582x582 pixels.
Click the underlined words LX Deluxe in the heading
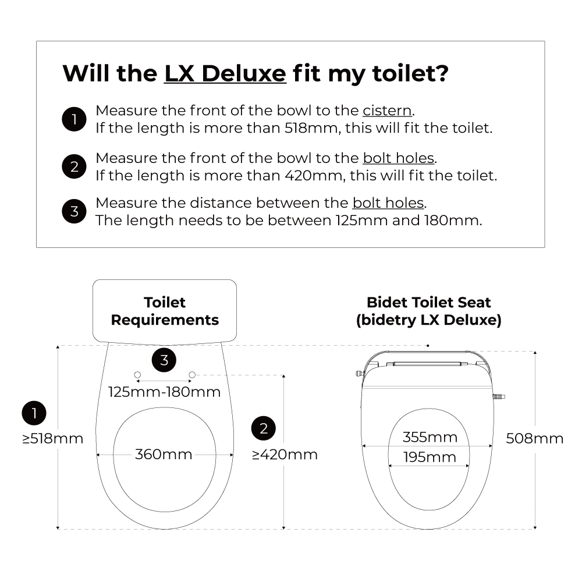tap(225, 73)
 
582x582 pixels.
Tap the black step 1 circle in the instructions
tap(74, 119)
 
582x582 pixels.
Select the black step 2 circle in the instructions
tap(74, 166)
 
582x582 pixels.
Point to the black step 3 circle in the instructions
tap(74, 211)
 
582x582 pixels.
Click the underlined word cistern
tap(387, 111)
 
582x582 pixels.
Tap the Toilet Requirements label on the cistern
tap(165, 311)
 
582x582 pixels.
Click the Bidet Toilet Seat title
tap(429, 303)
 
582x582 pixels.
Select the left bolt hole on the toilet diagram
tap(137, 375)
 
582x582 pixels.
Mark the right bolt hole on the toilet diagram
tap(192, 375)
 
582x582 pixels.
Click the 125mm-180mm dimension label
tap(165, 392)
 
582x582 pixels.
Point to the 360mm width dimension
tap(164, 455)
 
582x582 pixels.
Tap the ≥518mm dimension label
tap(53, 439)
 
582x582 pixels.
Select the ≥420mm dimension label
tap(285, 455)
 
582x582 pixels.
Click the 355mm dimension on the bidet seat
tap(430, 437)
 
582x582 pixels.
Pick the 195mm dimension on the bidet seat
tap(430, 457)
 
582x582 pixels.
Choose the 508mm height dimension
tap(534, 439)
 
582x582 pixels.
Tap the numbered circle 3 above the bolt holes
tap(164, 360)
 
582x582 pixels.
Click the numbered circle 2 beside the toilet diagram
tap(264, 428)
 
